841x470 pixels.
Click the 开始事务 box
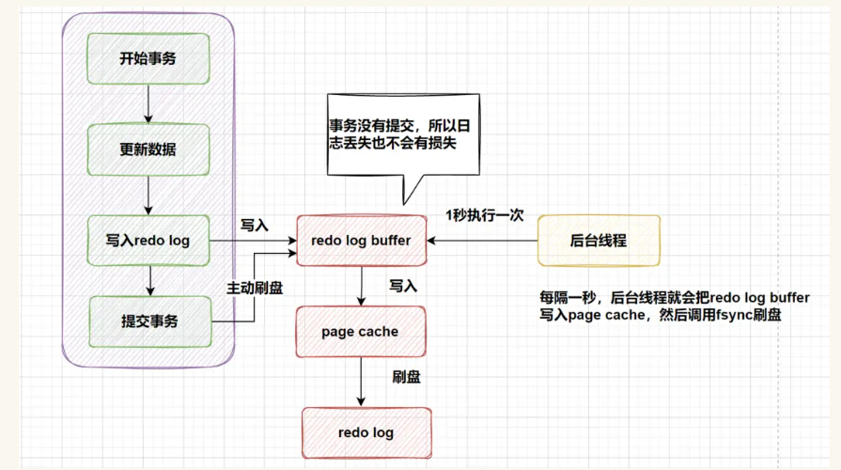(148, 58)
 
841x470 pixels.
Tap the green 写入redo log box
(148, 241)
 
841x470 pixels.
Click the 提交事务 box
(148, 321)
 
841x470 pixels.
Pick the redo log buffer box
(361, 241)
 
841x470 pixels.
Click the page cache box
(360, 332)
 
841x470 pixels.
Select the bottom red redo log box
(366, 432)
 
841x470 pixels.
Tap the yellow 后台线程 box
(599, 241)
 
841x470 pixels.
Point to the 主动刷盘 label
(255, 288)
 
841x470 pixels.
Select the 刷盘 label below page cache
(406, 378)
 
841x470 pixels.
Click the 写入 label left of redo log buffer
(255, 226)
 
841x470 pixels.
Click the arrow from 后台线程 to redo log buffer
(480, 241)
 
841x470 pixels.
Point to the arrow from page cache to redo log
(360, 383)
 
